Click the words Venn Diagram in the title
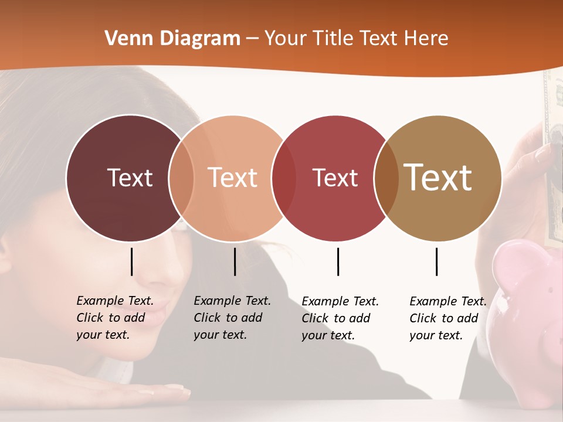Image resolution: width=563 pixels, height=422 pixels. [172, 39]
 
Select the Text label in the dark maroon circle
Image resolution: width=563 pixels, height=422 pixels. [130, 178]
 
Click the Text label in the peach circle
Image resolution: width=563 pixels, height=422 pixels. [232, 178]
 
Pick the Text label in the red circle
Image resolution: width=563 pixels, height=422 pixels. [335, 178]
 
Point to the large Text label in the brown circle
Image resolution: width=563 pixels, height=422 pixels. [437, 177]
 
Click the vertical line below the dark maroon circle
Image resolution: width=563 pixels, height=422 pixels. [132, 261]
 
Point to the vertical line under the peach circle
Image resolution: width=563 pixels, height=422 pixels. [235, 261]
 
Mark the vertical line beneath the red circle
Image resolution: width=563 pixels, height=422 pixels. [338, 261]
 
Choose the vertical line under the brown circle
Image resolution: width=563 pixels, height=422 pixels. [436, 261]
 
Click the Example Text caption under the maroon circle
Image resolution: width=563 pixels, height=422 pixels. [115, 318]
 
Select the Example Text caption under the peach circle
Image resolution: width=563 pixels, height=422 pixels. [232, 318]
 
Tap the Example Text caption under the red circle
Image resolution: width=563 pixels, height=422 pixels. [340, 318]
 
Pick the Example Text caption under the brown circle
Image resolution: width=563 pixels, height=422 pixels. [448, 318]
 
